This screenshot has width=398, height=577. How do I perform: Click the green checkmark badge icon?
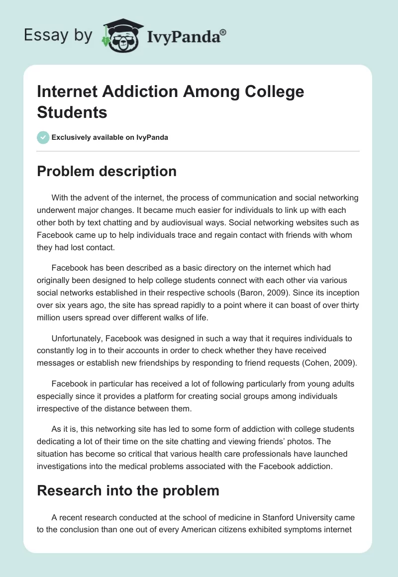[x=43, y=137]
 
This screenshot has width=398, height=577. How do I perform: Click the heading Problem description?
[x=107, y=172]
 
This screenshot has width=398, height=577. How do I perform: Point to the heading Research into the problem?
[x=128, y=490]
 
